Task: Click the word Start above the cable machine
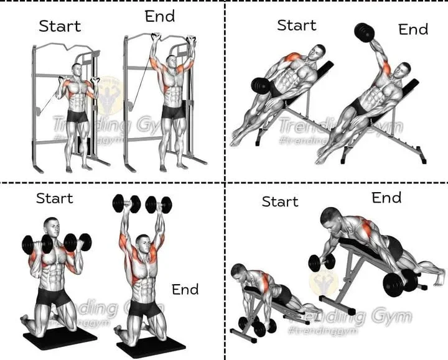[60, 26]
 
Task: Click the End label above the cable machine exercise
[160, 17]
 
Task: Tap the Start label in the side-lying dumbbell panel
[297, 25]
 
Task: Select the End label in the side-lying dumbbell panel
[413, 29]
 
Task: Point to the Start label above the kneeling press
[55, 198]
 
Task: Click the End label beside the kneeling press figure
[185, 289]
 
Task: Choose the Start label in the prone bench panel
[280, 201]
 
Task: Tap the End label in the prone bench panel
[386, 198]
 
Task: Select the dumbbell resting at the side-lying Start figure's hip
[260, 86]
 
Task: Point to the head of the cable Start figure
[77, 70]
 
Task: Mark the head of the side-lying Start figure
[319, 52]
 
